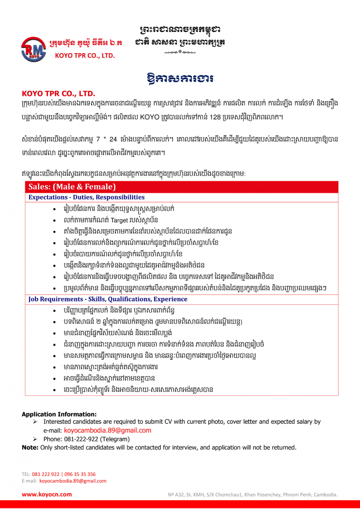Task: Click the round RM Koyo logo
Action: tap(33, 49)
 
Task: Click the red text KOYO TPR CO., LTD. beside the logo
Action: tap(85, 56)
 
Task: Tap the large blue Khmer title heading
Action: tap(180, 79)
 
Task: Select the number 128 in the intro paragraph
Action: tap(215, 117)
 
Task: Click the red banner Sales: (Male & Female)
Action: tap(72, 187)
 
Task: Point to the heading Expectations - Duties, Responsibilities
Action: tap(87, 197)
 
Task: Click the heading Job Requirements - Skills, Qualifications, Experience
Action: tap(108, 299)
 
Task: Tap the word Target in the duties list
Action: tap(119, 220)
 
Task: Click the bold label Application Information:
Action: tap(59, 414)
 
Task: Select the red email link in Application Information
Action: tap(108, 430)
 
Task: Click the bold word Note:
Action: tap(30, 448)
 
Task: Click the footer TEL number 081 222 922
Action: tap(45, 474)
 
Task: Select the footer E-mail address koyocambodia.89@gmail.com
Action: tap(73, 481)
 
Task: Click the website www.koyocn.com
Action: tap(47, 494)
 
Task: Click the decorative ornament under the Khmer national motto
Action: tap(180, 52)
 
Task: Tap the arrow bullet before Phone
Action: tap(35, 439)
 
